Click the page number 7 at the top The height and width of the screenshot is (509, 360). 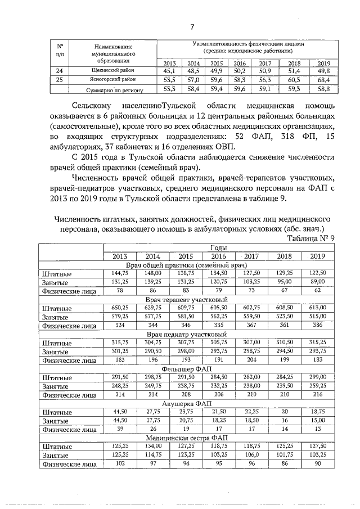192,26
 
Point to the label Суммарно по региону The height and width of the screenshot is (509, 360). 115,89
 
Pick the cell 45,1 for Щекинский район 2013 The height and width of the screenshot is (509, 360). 169,71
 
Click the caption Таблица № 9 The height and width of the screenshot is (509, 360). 311,238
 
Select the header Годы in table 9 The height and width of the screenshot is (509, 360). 219,247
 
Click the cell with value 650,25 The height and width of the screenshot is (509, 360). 120,308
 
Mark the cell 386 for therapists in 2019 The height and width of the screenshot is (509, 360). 317,325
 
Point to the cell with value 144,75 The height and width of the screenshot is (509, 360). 120,273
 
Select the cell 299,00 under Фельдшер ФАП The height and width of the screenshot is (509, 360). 317,377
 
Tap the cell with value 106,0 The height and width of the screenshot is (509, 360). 251,455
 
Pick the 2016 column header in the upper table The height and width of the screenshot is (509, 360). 240,63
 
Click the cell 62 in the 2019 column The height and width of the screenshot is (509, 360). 317,291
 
